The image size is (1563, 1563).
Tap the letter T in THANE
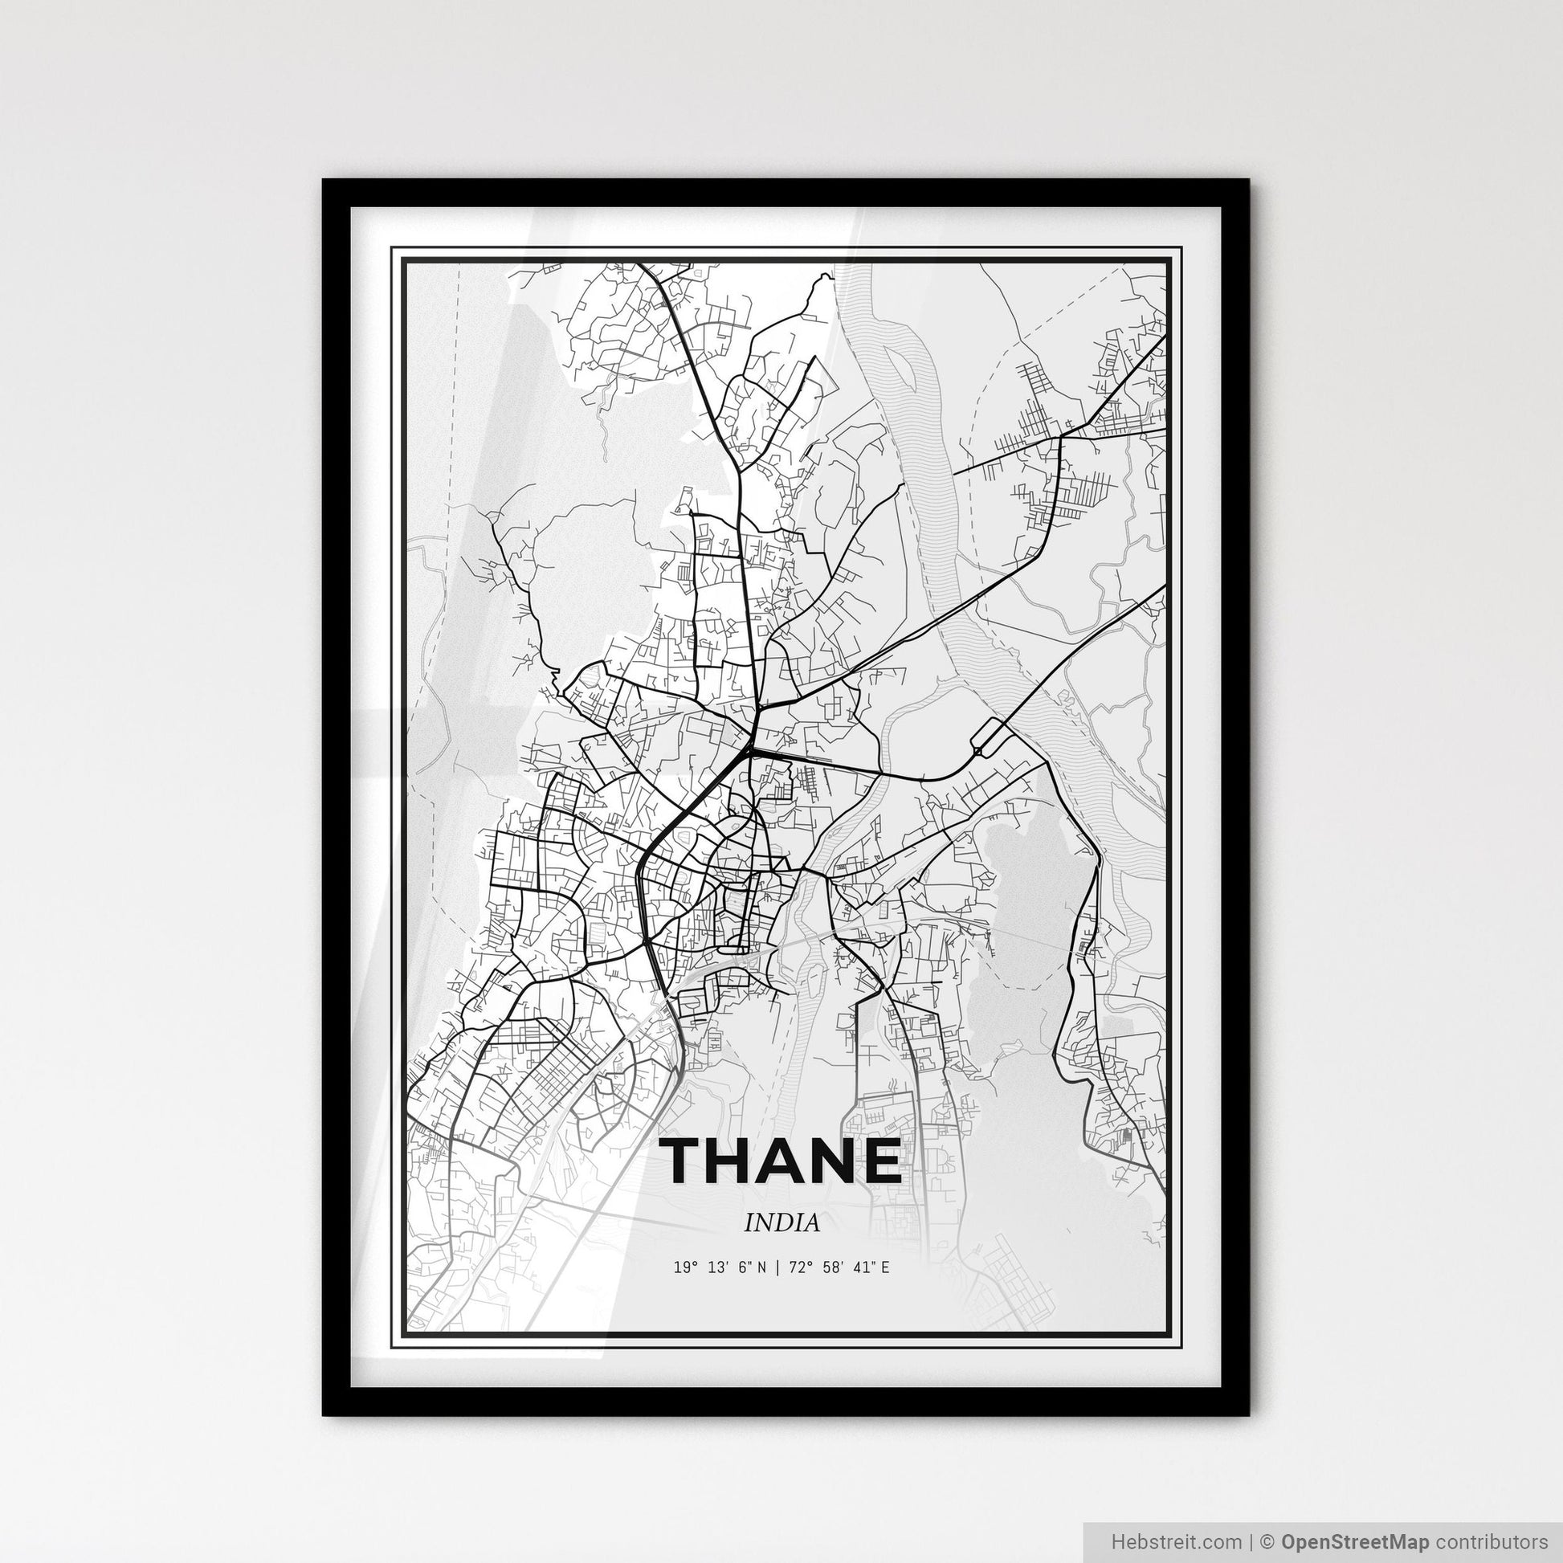tap(688, 1161)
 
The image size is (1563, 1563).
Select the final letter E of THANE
tap(879, 1161)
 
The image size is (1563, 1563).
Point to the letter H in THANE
tap(737, 1161)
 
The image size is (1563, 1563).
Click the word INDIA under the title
tap(781, 1223)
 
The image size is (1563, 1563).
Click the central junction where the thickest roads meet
tap(752, 751)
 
